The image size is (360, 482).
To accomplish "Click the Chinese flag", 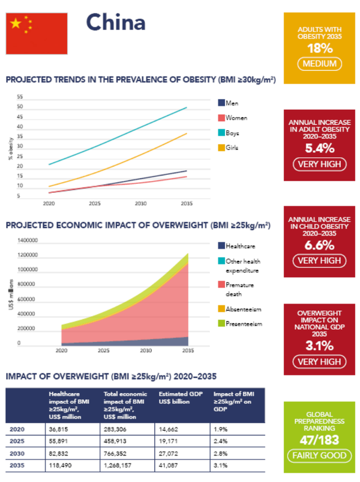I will tap(36, 33).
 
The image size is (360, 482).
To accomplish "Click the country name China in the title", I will tap(116, 23).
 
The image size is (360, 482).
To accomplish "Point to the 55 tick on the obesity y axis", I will tap(20, 97).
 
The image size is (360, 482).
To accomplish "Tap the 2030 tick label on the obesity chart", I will tap(140, 204).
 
